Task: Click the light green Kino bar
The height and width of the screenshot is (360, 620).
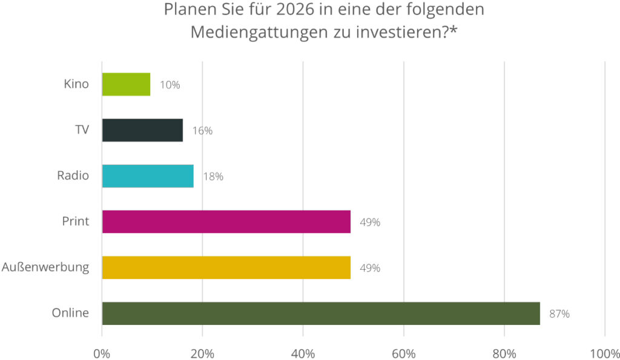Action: pyautogui.click(x=126, y=84)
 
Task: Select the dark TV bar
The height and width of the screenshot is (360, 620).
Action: pyautogui.click(x=142, y=130)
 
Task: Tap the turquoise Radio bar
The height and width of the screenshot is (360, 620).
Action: pyautogui.click(x=148, y=176)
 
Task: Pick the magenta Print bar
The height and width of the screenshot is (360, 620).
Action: pyautogui.click(x=226, y=221)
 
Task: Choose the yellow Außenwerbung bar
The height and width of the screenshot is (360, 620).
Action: pyautogui.click(x=226, y=267)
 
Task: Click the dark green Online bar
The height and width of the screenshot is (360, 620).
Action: pyautogui.click(x=321, y=313)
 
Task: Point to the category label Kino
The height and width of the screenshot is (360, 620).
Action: pyautogui.click(x=76, y=84)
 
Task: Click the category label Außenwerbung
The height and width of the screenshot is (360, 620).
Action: pyautogui.click(x=45, y=267)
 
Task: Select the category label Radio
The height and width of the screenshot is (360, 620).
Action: pyautogui.click(x=73, y=176)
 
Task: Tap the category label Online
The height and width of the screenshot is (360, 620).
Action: pyautogui.click(x=70, y=313)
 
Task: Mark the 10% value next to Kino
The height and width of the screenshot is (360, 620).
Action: pyautogui.click(x=170, y=85)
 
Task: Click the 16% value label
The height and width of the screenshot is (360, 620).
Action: pyautogui.click(x=202, y=131)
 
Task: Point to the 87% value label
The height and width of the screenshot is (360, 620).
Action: pyautogui.click(x=559, y=314)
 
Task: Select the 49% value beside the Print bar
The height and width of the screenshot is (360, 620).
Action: pyautogui.click(x=370, y=222)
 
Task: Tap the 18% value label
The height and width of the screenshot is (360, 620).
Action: pyautogui.click(x=213, y=177)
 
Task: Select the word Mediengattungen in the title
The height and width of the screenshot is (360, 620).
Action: pyautogui.click(x=260, y=32)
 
